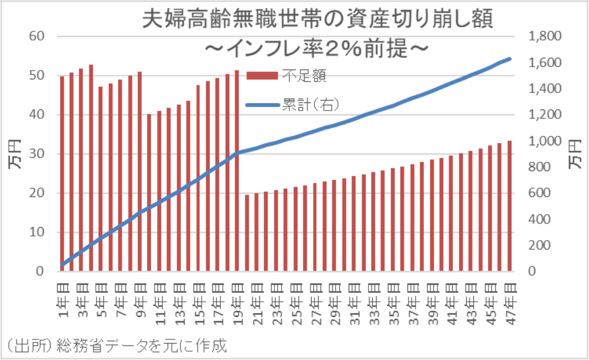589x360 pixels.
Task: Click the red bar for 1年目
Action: coord(62,174)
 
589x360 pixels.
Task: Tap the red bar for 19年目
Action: coord(237,171)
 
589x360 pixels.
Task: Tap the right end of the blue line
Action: coord(510,59)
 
